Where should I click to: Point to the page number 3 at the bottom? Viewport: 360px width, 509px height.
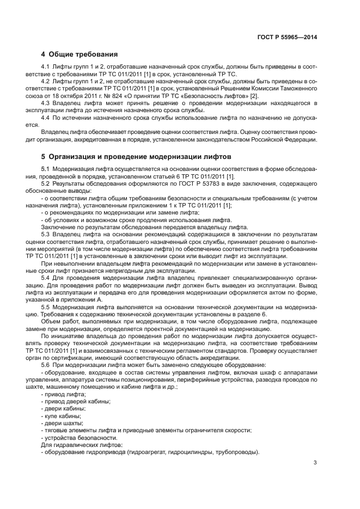[315, 463]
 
